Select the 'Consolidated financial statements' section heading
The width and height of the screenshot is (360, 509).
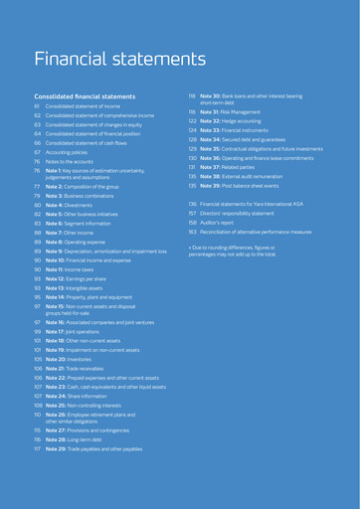click(x=85, y=96)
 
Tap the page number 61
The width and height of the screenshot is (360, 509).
click(x=36, y=105)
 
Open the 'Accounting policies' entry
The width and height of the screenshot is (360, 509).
click(x=70, y=151)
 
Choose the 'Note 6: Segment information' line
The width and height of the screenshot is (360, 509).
click(x=86, y=223)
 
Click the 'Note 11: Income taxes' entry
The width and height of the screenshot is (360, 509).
click(x=77, y=269)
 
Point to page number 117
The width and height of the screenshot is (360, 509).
click(x=37, y=477)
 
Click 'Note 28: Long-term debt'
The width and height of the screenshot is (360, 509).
click(x=81, y=466)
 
